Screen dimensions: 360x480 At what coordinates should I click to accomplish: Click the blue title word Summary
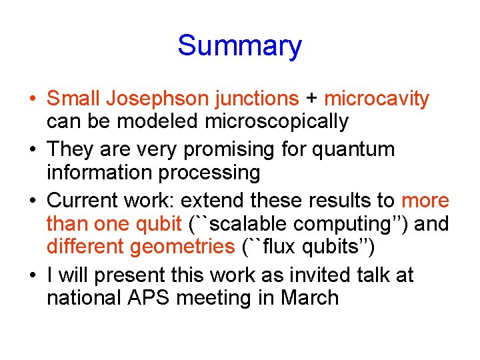pyautogui.click(x=239, y=46)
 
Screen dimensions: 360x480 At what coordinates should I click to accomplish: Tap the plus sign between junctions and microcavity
pyautogui.click(x=311, y=99)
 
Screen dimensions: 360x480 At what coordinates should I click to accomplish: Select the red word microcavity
pyautogui.click(x=377, y=99)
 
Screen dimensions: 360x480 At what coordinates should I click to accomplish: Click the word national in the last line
pyautogui.click(x=85, y=297)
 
